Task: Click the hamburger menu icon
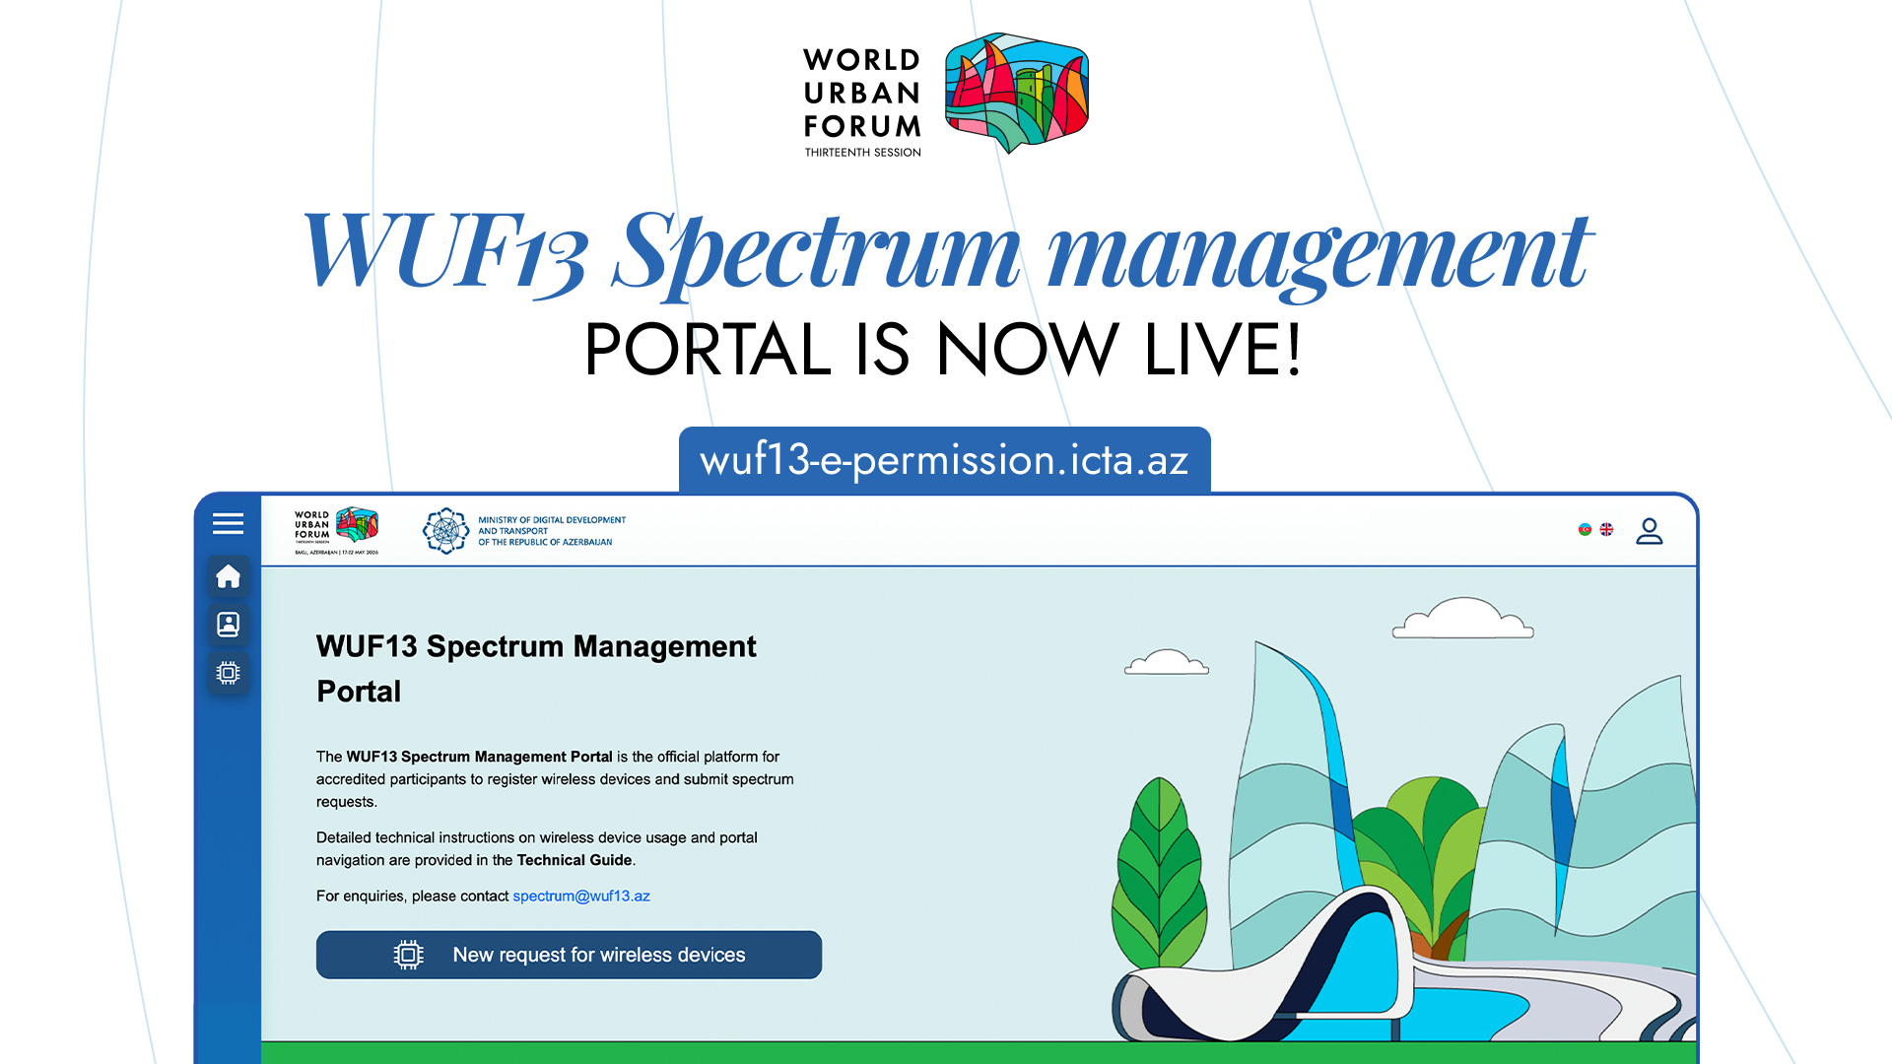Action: pyautogui.click(x=228, y=523)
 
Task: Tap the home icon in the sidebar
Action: pyautogui.click(x=228, y=576)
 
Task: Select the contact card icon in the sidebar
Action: pyautogui.click(x=228, y=624)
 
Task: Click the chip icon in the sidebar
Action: pyautogui.click(x=228, y=673)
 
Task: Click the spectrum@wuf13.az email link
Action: pyautogui.click(x=580, y=896)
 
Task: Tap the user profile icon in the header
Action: pyautogui.click(x=1649, y=531)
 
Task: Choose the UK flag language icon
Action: pyautogui.click(x=1606, y=529)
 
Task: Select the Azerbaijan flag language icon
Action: pyautogui.click(x=1585, y=529)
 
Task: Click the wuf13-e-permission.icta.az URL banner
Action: pyautogui.click(x=944, y=460)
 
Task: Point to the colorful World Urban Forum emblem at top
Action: pyautogui.click(x=1016, y=92)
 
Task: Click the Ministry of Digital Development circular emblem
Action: pyautogui.click(x=445, y=531)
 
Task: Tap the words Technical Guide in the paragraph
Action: pyautogui.click(x=574, y=860)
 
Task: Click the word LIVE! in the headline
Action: pyautogui.click(x=1223, y=350)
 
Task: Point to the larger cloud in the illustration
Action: pyautogui.click(x=1463, y=620)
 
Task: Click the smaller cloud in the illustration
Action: pyautogui.click(x=1167, y=663)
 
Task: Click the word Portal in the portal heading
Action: pyautogui.click(x=359, y=692)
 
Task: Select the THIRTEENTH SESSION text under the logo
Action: pyautogui.click(x=862, y=153)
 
